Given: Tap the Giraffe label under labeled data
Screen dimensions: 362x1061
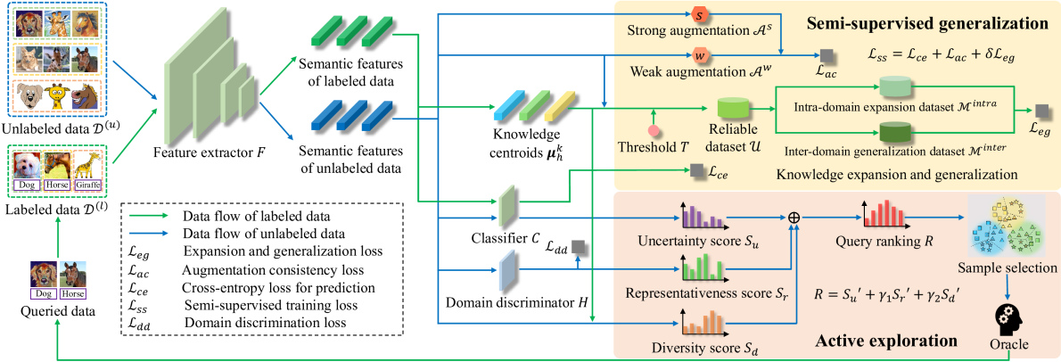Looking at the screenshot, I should pos(87,185).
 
